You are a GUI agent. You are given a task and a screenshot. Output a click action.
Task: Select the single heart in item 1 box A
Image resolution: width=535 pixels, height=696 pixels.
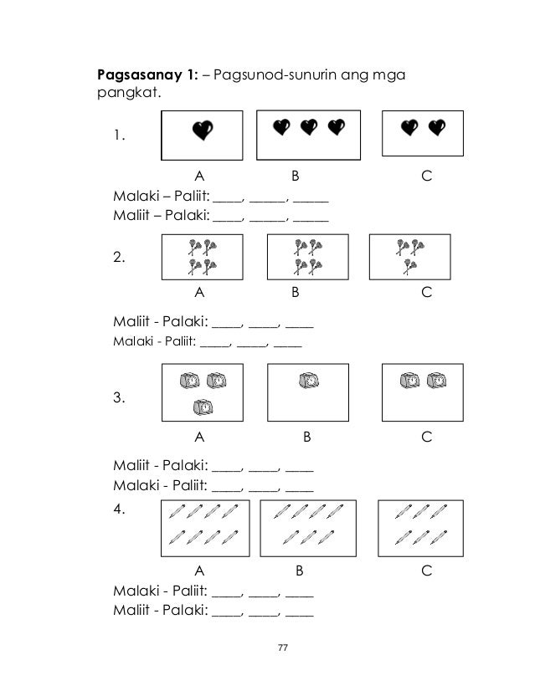coord(203,130)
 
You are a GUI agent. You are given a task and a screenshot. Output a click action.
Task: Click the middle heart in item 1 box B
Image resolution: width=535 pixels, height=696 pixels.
coord(309,126)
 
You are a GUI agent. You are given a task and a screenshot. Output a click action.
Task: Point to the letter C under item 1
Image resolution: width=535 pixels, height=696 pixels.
coord(427,177)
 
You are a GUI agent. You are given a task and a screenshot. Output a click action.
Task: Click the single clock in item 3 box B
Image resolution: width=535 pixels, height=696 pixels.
coord(310,381)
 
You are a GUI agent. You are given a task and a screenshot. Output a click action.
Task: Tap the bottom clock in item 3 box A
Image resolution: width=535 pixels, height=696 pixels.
coord(203,407)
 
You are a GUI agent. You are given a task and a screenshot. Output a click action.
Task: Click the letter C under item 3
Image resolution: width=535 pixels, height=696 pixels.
coord(427,436)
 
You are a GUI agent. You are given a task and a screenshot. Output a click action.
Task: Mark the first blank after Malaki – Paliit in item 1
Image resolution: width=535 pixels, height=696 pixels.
coord(227,200)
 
